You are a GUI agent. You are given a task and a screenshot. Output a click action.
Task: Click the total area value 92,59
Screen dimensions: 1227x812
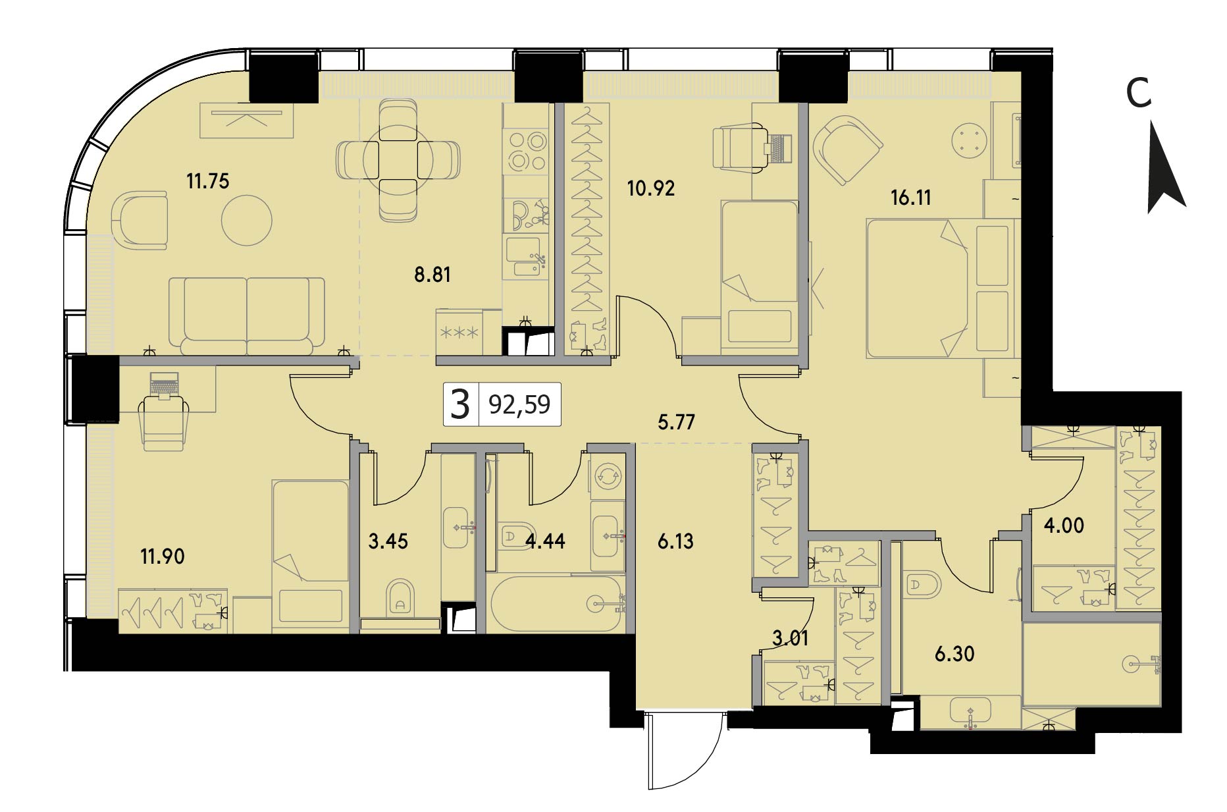[x=519, y=404]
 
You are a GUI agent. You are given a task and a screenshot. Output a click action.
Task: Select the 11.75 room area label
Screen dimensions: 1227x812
[x=208, y=180]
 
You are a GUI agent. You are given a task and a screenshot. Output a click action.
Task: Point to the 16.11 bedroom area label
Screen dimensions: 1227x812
[x=911, y=198]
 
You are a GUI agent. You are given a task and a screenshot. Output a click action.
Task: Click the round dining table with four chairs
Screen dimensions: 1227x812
[x=398, y=160]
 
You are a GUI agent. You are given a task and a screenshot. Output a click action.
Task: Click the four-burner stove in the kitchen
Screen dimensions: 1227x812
[x=526, y=151]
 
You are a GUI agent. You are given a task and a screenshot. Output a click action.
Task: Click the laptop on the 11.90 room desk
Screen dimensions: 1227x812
[x=164, y=385]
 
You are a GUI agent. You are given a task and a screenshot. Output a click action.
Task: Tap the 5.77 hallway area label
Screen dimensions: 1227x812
[x=677, y=421]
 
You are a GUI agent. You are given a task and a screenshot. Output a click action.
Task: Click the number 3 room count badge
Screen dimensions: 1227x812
[x=460, y=404]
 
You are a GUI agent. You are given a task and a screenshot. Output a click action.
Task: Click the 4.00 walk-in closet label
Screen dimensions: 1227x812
[x=1064, y=526]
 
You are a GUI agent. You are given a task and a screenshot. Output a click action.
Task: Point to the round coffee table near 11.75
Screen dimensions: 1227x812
[x=247, y=220]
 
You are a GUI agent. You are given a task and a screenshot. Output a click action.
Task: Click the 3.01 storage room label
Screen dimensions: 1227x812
[x=790, y=638]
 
